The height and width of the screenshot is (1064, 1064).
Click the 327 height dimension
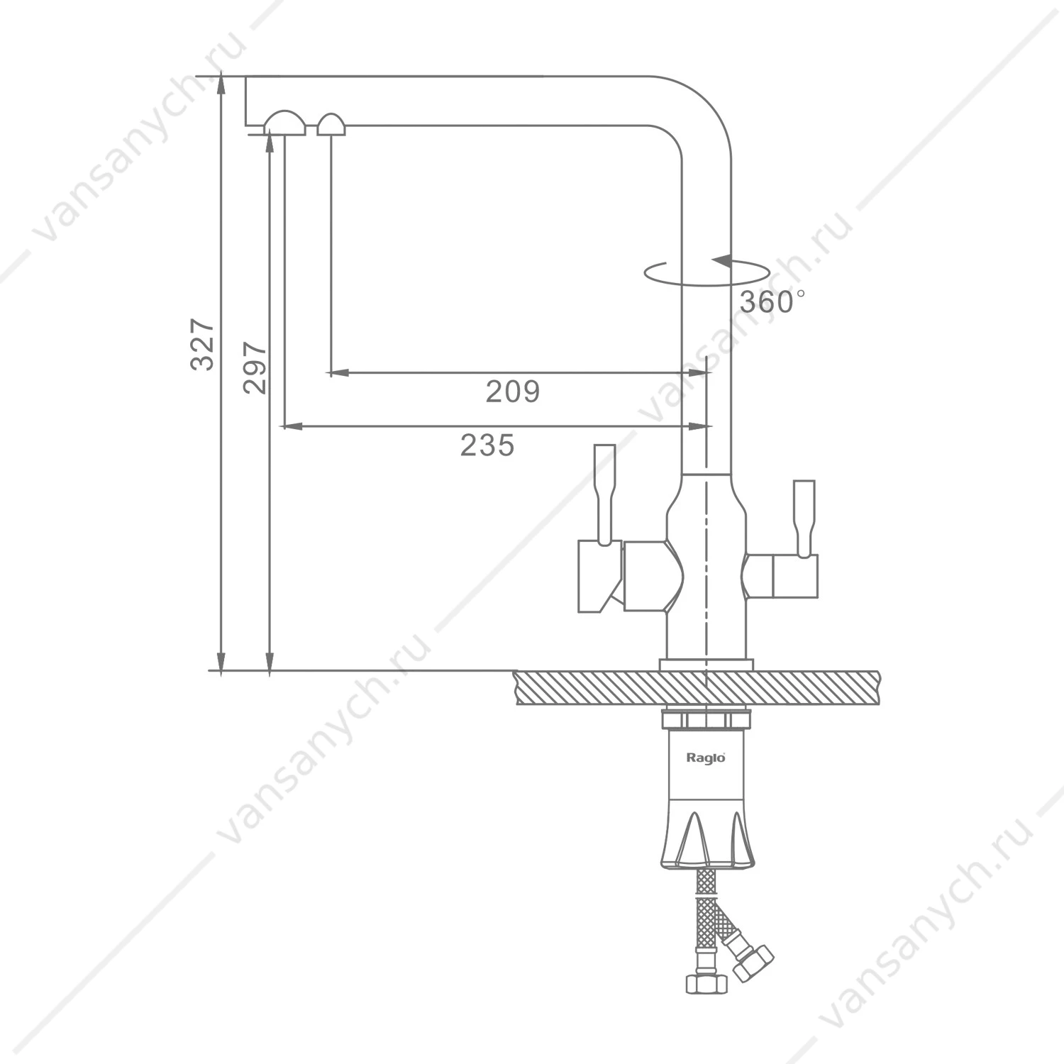(203, 345)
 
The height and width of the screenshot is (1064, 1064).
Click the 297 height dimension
(255, 368)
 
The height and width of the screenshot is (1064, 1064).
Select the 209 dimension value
(513, 391)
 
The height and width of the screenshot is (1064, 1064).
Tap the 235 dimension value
(487, 445)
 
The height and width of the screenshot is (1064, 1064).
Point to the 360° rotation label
(772, 302)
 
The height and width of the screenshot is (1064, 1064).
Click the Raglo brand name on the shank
(706, 758)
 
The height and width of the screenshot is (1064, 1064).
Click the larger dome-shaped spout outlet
(284, 123)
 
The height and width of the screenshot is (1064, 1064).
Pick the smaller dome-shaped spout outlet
(331, 124)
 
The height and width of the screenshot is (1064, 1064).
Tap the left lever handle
(604, 495)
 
